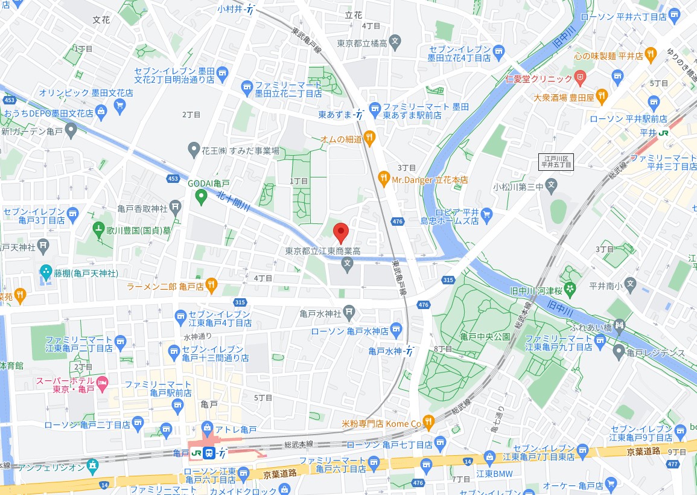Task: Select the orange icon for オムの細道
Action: pos(370,139)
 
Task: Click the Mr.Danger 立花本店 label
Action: pos(430,179)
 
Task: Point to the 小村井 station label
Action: pos(230,9)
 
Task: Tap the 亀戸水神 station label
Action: pos(386,351)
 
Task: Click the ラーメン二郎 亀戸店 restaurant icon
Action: pos(211,284)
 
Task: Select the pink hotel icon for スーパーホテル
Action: pos(103,382)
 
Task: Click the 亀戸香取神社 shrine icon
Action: pos(175,208)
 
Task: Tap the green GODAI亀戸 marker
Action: pos(200,196)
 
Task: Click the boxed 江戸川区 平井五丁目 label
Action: pos(556,161)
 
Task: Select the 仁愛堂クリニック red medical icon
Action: pos(581,77)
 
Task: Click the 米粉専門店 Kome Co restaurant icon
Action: pos(428,422)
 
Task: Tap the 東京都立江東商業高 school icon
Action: pos(347,263)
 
